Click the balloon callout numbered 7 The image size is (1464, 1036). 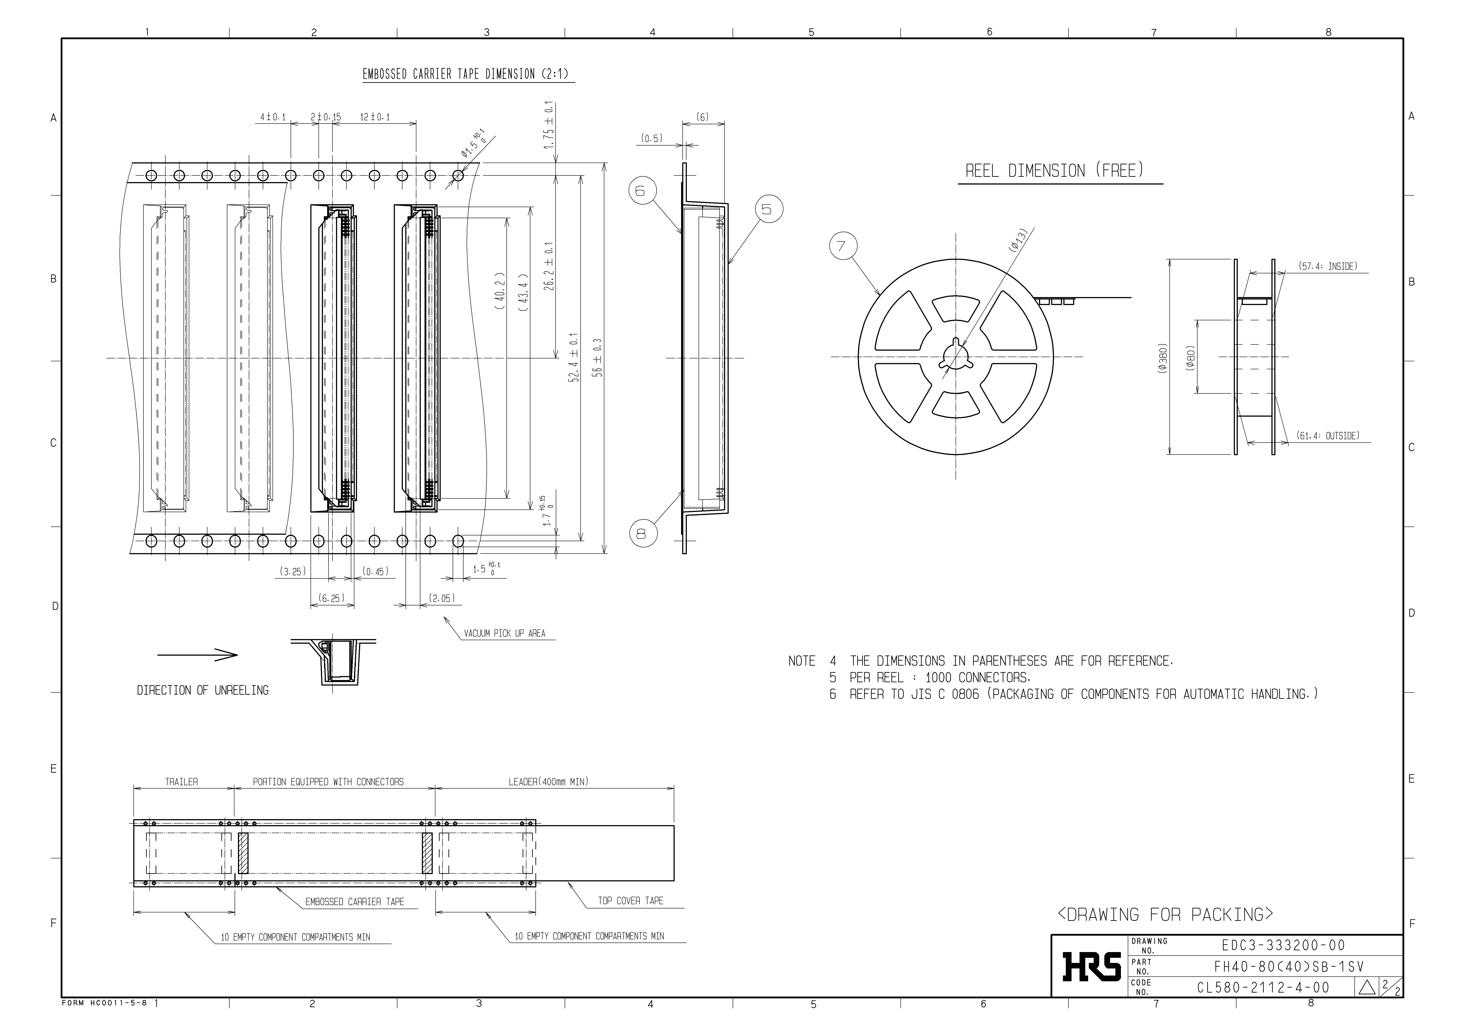coord(843,246)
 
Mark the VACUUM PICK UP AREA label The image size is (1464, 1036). coord(504,634)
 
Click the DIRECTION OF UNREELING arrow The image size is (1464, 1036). coord(198,655)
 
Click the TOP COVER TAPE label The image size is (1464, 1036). coord(630,901)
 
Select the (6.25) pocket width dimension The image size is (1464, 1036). coord(332,598)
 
